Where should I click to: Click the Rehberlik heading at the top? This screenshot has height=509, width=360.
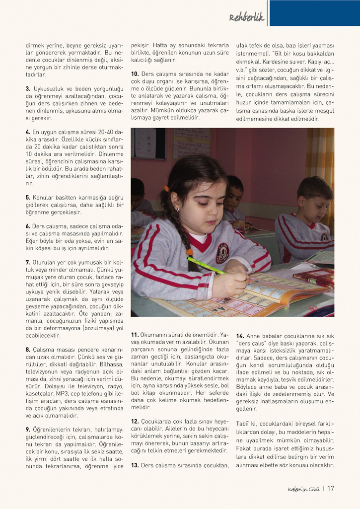point(247,18)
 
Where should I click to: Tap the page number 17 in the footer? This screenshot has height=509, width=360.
point(330,488)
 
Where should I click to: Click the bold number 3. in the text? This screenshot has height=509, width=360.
point(28,89)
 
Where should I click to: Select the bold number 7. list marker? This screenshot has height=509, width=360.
point(28,262)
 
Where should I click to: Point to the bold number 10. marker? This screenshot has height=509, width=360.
point(134,73)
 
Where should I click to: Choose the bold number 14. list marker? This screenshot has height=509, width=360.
point(240,335)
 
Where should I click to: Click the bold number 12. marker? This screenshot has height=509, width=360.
point(134,421)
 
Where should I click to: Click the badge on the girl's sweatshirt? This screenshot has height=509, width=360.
point(222,252)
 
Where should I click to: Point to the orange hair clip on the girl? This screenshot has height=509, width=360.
point(166,189)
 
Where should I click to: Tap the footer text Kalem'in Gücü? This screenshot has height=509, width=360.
point(303,488)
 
